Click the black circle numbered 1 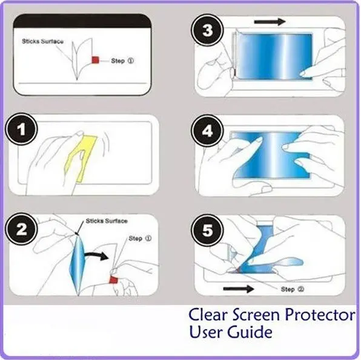(21, 129)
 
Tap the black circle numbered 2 (21, 229)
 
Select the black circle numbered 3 (207, 30)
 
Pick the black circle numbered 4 (207, 131)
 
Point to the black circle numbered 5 (207, 231)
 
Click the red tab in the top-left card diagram (95, 60)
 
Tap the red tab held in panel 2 (113, 280)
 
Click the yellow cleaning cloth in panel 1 (81, 159)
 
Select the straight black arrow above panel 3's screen (270, 22)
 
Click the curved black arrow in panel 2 (96, 255)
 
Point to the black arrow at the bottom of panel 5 (239, 289)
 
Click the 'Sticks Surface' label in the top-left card (42, 41)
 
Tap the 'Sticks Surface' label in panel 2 (107, 221)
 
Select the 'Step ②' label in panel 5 (293, 289)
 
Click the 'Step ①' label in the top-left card (122, 61)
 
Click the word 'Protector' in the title (320, 315)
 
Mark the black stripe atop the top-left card (82, 21)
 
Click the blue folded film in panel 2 (78, 264)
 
